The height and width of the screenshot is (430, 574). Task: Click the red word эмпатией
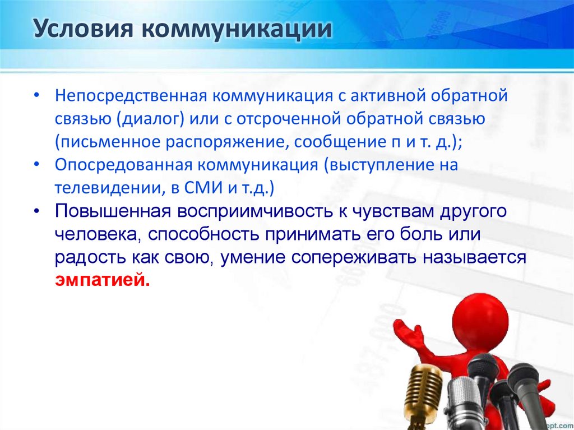click(x=103, y=280)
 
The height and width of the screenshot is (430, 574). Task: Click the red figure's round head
click(x=480, y=319)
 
